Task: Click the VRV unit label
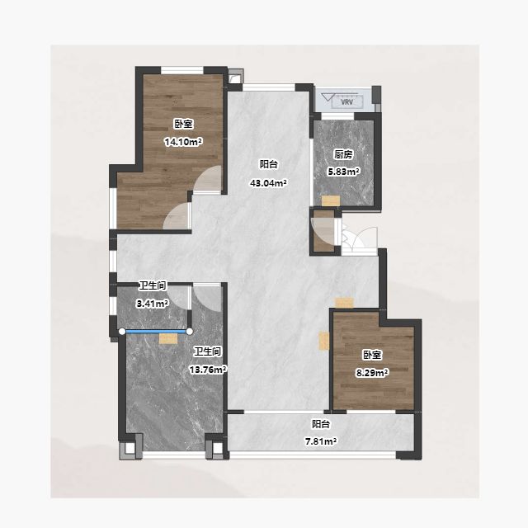(x=346, y=101)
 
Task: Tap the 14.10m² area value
(x=183, y=142)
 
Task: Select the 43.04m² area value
(x=268, y=183)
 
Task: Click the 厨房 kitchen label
(x=343, y=154)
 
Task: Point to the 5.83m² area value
(x=344, y=172)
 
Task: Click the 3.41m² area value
(x=153, y=304)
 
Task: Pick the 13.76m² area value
(x=208, y=370)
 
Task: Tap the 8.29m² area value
(x=372, y=373)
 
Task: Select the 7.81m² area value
(x=321, y=441)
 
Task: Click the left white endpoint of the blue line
(x=122, y=332)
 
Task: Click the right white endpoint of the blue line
(x=190, y=332)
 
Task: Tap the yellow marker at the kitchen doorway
(x=331, y=201)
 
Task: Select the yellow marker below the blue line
(x=168, y=339)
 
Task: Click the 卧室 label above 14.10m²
(x=183, y=124)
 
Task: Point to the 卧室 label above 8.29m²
(x=372, y=355)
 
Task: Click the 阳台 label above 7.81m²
(x=321, y=423)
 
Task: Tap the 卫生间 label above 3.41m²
(x=153, y=286)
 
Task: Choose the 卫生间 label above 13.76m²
(x=208, y=352)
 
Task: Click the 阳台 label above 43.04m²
(x=269, y=164)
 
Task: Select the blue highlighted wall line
(x=156, y=332)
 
